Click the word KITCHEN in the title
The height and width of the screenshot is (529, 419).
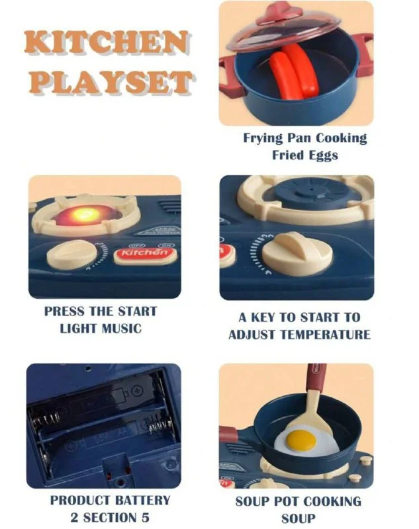pos(107,42)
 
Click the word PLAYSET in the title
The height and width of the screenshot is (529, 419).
pos(111,82)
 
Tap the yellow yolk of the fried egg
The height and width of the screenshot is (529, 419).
pos(301,440)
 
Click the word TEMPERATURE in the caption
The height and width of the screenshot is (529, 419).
pos(326,335)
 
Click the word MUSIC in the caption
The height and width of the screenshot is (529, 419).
pos(122,328)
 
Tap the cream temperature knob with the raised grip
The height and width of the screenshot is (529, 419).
pos(297,251)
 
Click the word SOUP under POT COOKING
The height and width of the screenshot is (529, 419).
pos(299,518)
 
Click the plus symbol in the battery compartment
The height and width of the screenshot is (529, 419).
pos(137,391)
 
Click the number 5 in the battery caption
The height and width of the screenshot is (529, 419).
pos(145,518)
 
